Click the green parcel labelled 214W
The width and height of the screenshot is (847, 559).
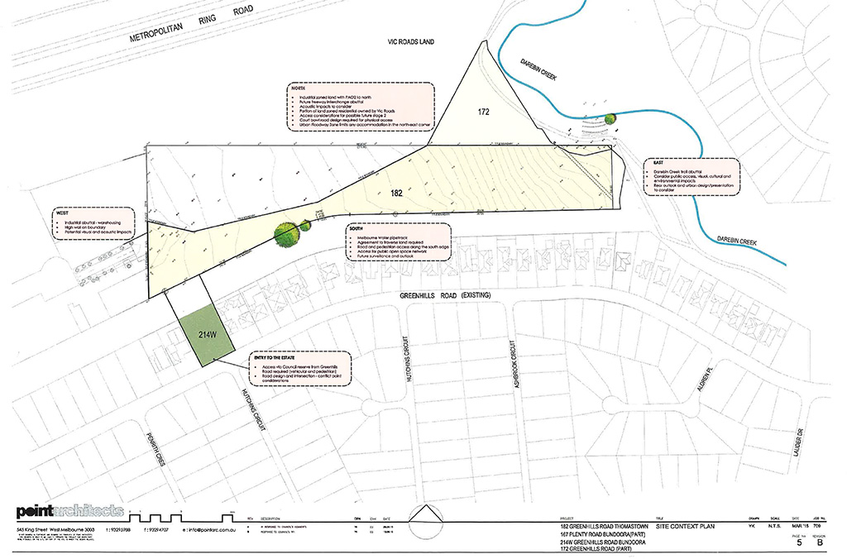coord(205,335)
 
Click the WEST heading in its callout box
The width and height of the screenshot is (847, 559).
coord(62,213)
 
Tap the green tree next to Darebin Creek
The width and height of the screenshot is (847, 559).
coord(610,118)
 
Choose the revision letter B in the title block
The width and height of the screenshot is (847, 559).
coord(820,543)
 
